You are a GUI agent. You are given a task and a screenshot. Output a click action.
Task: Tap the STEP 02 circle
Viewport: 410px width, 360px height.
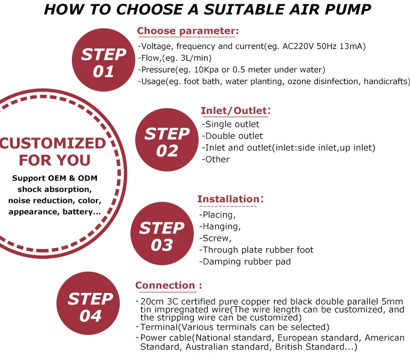coord(167,142)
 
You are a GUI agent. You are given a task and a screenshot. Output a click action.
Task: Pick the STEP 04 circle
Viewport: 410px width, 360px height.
coord(90,306)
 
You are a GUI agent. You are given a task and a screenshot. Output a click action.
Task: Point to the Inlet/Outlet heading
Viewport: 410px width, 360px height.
coord(235,111)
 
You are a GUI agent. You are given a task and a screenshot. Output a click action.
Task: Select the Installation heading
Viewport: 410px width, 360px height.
coord(230,199)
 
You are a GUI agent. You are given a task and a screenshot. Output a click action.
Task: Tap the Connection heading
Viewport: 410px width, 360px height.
coord(168,285)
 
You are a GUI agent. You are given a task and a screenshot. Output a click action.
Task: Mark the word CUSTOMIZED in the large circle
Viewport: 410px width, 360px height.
coord(53,143)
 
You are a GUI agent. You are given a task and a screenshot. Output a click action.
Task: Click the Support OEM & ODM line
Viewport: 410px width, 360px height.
coord(54,178)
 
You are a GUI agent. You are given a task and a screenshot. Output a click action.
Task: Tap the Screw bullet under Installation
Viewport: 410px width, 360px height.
coord(215,238)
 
